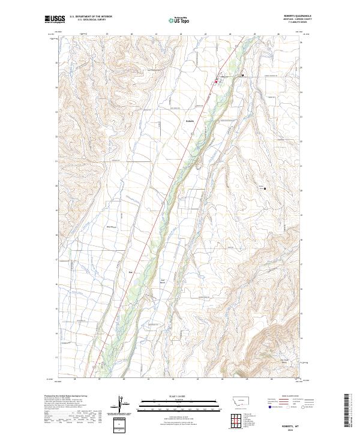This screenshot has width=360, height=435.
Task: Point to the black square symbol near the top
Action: (x=242, y=76)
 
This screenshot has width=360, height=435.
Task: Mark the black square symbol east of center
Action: (x=265, y=188)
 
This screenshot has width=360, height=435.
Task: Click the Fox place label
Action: (x=131, y=271)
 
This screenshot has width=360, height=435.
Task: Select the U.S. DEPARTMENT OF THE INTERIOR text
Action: (x=91, y=17)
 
